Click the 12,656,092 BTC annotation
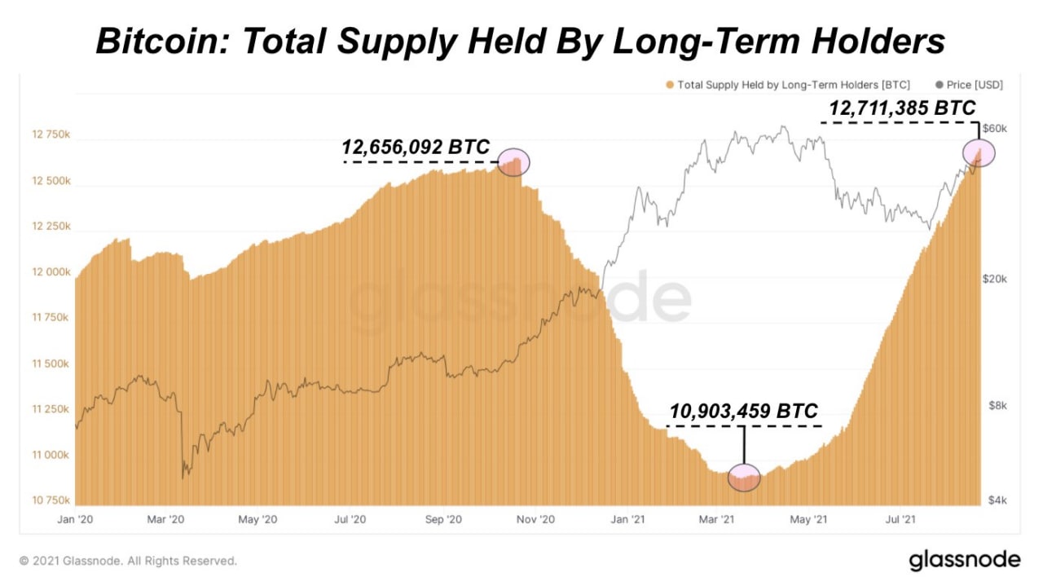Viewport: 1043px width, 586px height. (416, 147)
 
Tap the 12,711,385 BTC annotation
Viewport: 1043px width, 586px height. (902, 108)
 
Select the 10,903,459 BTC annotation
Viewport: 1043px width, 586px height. (743, 412)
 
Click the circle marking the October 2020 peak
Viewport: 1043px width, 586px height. (513, 162)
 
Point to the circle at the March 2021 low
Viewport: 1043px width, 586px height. (744, 477)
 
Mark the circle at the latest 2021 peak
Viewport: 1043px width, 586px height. (979, 152)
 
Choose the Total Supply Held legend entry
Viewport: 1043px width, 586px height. (787, 85)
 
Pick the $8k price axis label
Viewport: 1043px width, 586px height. (999, 406)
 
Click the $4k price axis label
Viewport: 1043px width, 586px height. (999, 500)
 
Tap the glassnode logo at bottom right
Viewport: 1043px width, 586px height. (964, 560)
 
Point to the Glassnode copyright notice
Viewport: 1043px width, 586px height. (128, 561)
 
